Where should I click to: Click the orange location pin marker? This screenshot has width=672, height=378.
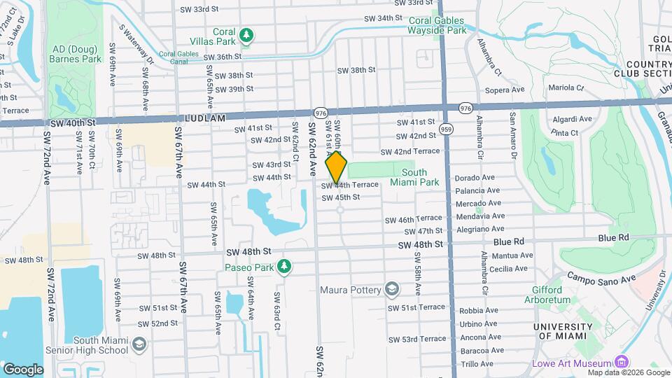(337, 167)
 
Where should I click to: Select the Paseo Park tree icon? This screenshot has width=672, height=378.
(283, 266)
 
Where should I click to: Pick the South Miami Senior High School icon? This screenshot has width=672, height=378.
(139, 344)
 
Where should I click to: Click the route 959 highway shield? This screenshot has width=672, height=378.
(447, 129)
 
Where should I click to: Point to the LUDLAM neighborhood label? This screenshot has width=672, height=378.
(206, 119)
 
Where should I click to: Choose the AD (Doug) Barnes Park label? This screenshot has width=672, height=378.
(76, 55)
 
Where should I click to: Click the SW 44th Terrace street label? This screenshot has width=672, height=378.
(350, 185)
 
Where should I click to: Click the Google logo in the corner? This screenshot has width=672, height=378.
(22, 369)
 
